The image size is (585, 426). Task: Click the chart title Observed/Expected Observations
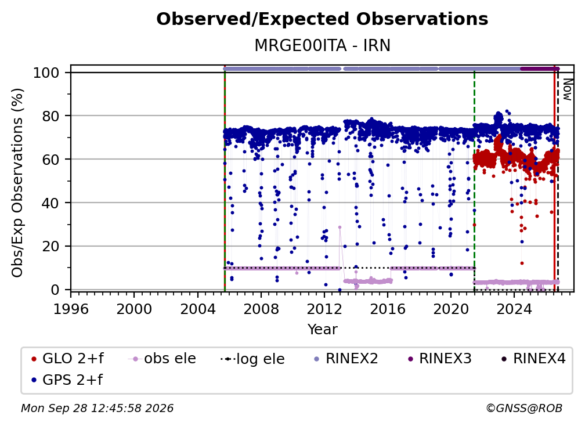click(322, 19)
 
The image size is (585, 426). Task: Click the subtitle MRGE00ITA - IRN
click(322, 46)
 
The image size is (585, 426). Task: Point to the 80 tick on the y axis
click(50, 116)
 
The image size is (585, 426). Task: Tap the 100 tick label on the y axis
click(46, 73)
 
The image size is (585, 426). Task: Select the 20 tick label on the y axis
click(50, 247)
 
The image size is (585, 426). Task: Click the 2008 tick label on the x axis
click(261, 309)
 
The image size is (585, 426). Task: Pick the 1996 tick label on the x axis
click(71, 309)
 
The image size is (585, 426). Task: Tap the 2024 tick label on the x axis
click(514, 309)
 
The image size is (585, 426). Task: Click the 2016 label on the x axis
click(387, 309)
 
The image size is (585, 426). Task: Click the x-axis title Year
click(322, 330)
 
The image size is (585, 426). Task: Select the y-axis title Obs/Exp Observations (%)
click(17, 183)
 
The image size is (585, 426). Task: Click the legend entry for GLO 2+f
click(67, 359)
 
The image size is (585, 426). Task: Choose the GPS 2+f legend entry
click(67, 380)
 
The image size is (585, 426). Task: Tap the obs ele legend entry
click(162, 359)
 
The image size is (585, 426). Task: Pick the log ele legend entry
click(252, 359)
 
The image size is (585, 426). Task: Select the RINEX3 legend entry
click(440, 359)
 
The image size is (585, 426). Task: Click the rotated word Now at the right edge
click(567, 89)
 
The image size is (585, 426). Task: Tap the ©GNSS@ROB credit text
click(524, 409)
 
